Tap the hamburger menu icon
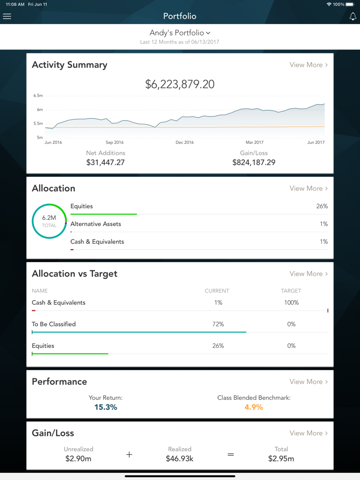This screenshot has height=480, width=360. point(7,16)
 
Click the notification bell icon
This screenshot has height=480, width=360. point(353,16)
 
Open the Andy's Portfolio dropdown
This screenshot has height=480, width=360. point(179,33)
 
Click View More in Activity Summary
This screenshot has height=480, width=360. point(308,65)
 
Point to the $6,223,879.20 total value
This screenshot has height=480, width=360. point(179,84)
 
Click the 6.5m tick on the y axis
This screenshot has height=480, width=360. point(38,96)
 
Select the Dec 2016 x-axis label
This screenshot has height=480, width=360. point(184,142)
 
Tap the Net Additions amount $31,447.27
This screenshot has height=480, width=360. point(105,162)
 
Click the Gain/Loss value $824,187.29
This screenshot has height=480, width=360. point(254,162)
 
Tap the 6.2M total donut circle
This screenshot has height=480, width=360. point(49,221)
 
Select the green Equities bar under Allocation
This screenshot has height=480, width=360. point(103,214)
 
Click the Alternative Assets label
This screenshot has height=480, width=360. point(96,224)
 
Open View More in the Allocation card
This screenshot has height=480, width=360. point(308,189)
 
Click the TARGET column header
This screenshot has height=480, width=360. point(291,291)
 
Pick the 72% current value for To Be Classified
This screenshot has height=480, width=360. point(218,324)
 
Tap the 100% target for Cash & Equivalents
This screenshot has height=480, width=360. point(291,303)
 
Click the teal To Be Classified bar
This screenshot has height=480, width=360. point(139,332)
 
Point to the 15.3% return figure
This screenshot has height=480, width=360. point(105,407)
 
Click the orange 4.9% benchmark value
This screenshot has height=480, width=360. point(254,407)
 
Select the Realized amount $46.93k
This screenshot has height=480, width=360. point(179,458)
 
